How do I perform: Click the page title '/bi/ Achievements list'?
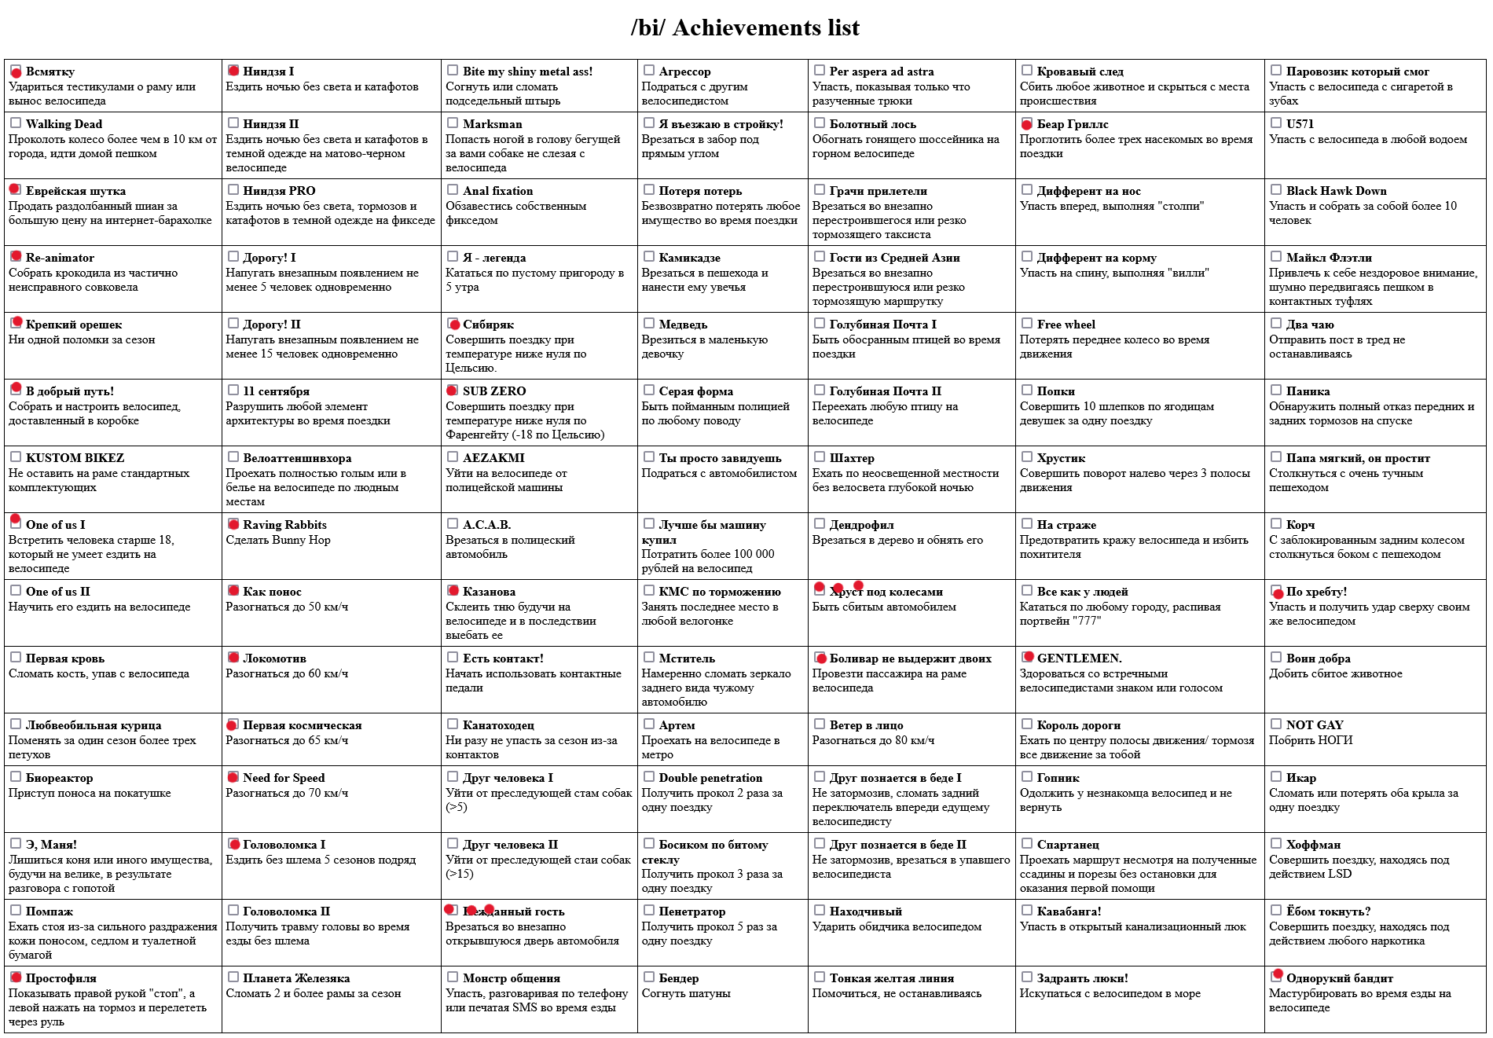pos(745,28)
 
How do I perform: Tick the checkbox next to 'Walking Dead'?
pos(16,123)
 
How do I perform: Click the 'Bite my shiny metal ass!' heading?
pos(527,72)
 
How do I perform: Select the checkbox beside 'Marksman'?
pos(453,123)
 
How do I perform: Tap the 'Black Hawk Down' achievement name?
pos(1336,191)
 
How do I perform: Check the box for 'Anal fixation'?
pos(453,189)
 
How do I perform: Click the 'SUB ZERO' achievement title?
pos(493,391)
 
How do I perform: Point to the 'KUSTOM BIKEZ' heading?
pos(75,458)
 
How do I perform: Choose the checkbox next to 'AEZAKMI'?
pos(453,457)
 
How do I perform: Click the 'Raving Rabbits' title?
pos(284,525)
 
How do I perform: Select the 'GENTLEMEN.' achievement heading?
pos(1079,658)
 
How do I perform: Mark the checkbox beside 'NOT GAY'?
pos(1276,724)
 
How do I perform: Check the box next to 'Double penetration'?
pos(649,776)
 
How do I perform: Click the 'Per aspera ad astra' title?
pos(882,72)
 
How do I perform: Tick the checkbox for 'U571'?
pos(1276,123)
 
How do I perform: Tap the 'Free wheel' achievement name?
pos(1066,325)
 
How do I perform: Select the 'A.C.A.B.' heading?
pos(486,525)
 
